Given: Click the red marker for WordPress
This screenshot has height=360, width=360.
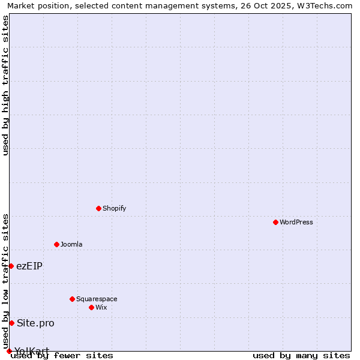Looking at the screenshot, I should [275, 222].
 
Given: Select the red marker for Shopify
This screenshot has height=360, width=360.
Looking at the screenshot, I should [98, 208].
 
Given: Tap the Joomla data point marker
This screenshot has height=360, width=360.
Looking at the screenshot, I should [56, 244].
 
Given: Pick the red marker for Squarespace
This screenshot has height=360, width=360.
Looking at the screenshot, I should [72, 299].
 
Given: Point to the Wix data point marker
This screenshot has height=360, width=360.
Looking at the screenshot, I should [91, 307].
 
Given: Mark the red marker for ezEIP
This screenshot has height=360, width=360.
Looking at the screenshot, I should [11, 266].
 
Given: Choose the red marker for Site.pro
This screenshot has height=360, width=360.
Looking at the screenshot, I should [11, 323].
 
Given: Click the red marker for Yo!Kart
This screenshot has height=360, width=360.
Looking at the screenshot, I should [9, 351].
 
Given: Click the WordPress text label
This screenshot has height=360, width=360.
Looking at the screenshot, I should [296, 222].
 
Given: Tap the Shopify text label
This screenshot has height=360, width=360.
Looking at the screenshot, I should [114, 208].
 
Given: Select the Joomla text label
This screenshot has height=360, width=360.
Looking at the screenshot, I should [71, 244].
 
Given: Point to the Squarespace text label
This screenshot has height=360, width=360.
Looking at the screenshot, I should [97, 299].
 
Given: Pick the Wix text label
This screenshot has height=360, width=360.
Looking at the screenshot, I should [101, 307].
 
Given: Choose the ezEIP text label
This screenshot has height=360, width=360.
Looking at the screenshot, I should [29, 266].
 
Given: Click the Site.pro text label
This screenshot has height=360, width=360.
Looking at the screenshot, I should [35, 323].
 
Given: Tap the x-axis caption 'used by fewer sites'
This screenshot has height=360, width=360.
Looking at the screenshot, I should [62, 355].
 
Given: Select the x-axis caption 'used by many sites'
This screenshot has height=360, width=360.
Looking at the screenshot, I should [301, 355].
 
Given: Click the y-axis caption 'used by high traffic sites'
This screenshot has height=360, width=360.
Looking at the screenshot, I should [5, 85].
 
